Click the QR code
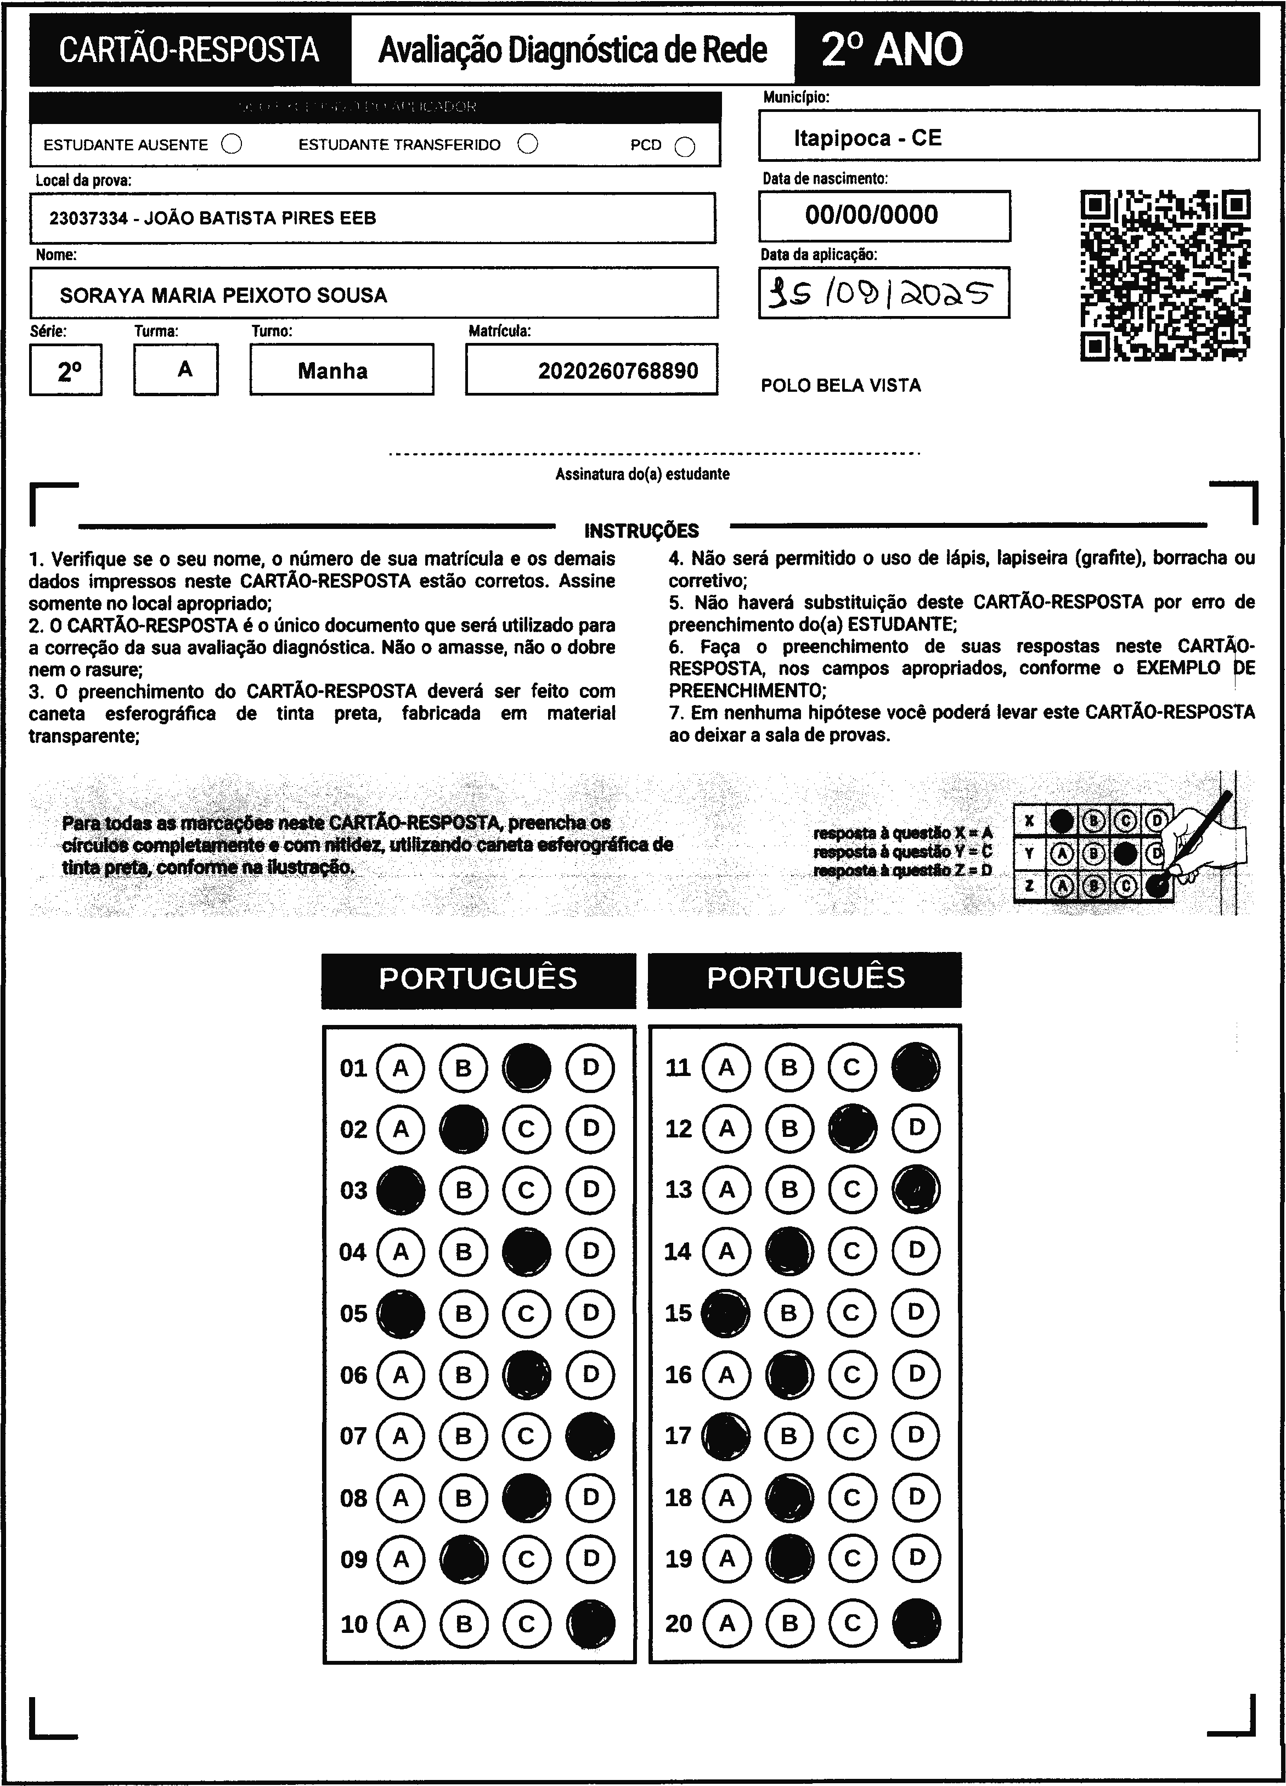coord(1165,275)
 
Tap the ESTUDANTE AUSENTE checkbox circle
coord(232,145)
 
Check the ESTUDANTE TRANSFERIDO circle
coord(528,144)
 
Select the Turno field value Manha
coord(332,371)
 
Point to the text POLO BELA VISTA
coord(841,386)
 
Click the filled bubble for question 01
coord(527,1068)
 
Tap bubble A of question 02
coord(400,1129)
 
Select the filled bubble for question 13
coord(916,1189)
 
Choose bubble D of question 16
coord(916,1374)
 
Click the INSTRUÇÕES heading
coord(641,531)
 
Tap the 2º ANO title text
coord(892,49)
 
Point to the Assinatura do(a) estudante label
coord(642,474)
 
